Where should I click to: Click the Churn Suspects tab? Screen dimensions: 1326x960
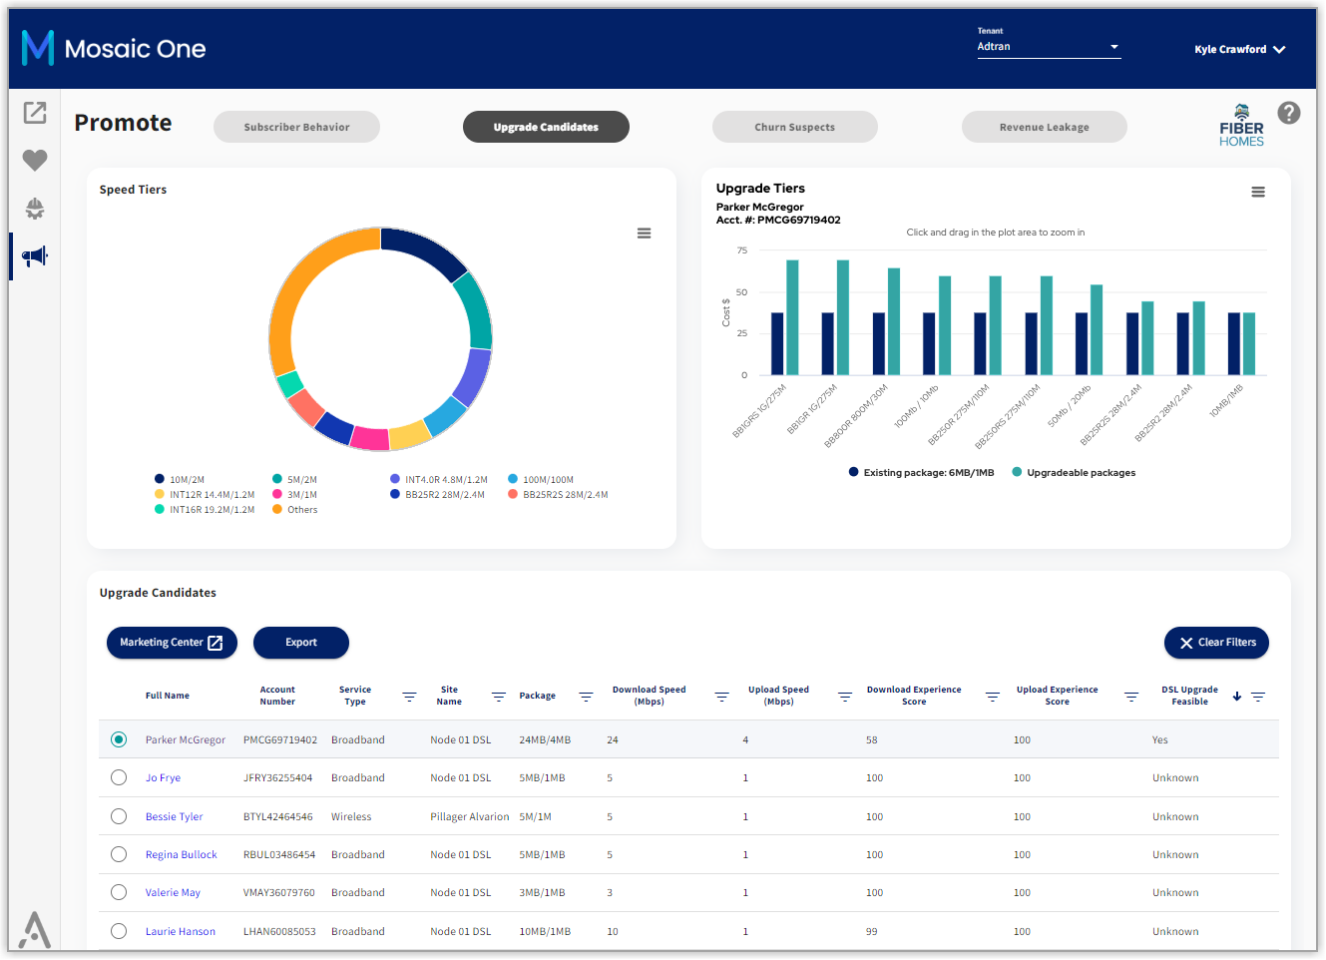[794, 127]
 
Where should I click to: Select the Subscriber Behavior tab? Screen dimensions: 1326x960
[296, 127]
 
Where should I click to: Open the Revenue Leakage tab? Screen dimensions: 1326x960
[1045, 127]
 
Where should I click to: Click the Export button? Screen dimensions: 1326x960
[300, 642]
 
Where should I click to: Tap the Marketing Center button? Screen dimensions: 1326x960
[172, 642]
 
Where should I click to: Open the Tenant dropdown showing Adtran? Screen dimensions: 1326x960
[1049, 46]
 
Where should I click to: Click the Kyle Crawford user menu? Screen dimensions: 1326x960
[1239, 49]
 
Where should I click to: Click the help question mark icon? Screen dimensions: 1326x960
[1289, 113]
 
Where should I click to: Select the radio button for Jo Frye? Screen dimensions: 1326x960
[119, 777]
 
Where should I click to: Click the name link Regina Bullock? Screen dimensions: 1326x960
[182, 854]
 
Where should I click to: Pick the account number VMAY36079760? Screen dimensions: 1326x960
[278, 892]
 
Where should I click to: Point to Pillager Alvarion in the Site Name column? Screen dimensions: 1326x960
[469, 816]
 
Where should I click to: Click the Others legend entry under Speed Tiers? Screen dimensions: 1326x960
[294, 509]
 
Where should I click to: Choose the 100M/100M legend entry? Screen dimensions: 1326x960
[541, 479]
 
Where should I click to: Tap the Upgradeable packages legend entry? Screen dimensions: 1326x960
[1074, 473]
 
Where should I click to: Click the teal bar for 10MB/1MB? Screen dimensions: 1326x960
[1249, 343]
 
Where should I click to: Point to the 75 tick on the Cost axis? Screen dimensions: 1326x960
[741, 250]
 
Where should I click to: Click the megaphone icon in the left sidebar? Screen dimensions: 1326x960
[35, 256]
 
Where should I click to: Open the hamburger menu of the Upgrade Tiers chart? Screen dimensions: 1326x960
[1258, 192]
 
